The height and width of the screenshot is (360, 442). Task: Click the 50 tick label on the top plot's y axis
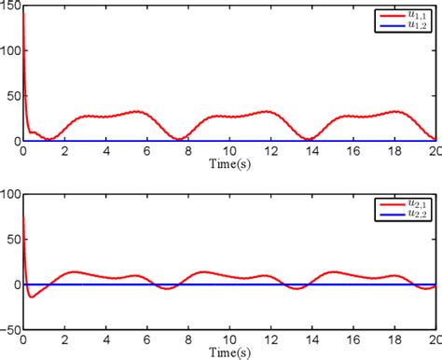click(x=12, y=96)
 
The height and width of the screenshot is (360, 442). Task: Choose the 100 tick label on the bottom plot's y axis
click(x=9, y=195)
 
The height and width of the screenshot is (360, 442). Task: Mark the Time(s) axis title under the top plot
click(x=228, y=164)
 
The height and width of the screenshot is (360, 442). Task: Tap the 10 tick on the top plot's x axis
click(x=229, y=152)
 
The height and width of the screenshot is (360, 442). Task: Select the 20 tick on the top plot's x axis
click(x=434, y=152)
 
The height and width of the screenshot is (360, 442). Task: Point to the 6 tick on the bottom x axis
click(x=146, y=340)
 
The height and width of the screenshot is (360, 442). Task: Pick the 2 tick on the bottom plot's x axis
click(x=63, y=340)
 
